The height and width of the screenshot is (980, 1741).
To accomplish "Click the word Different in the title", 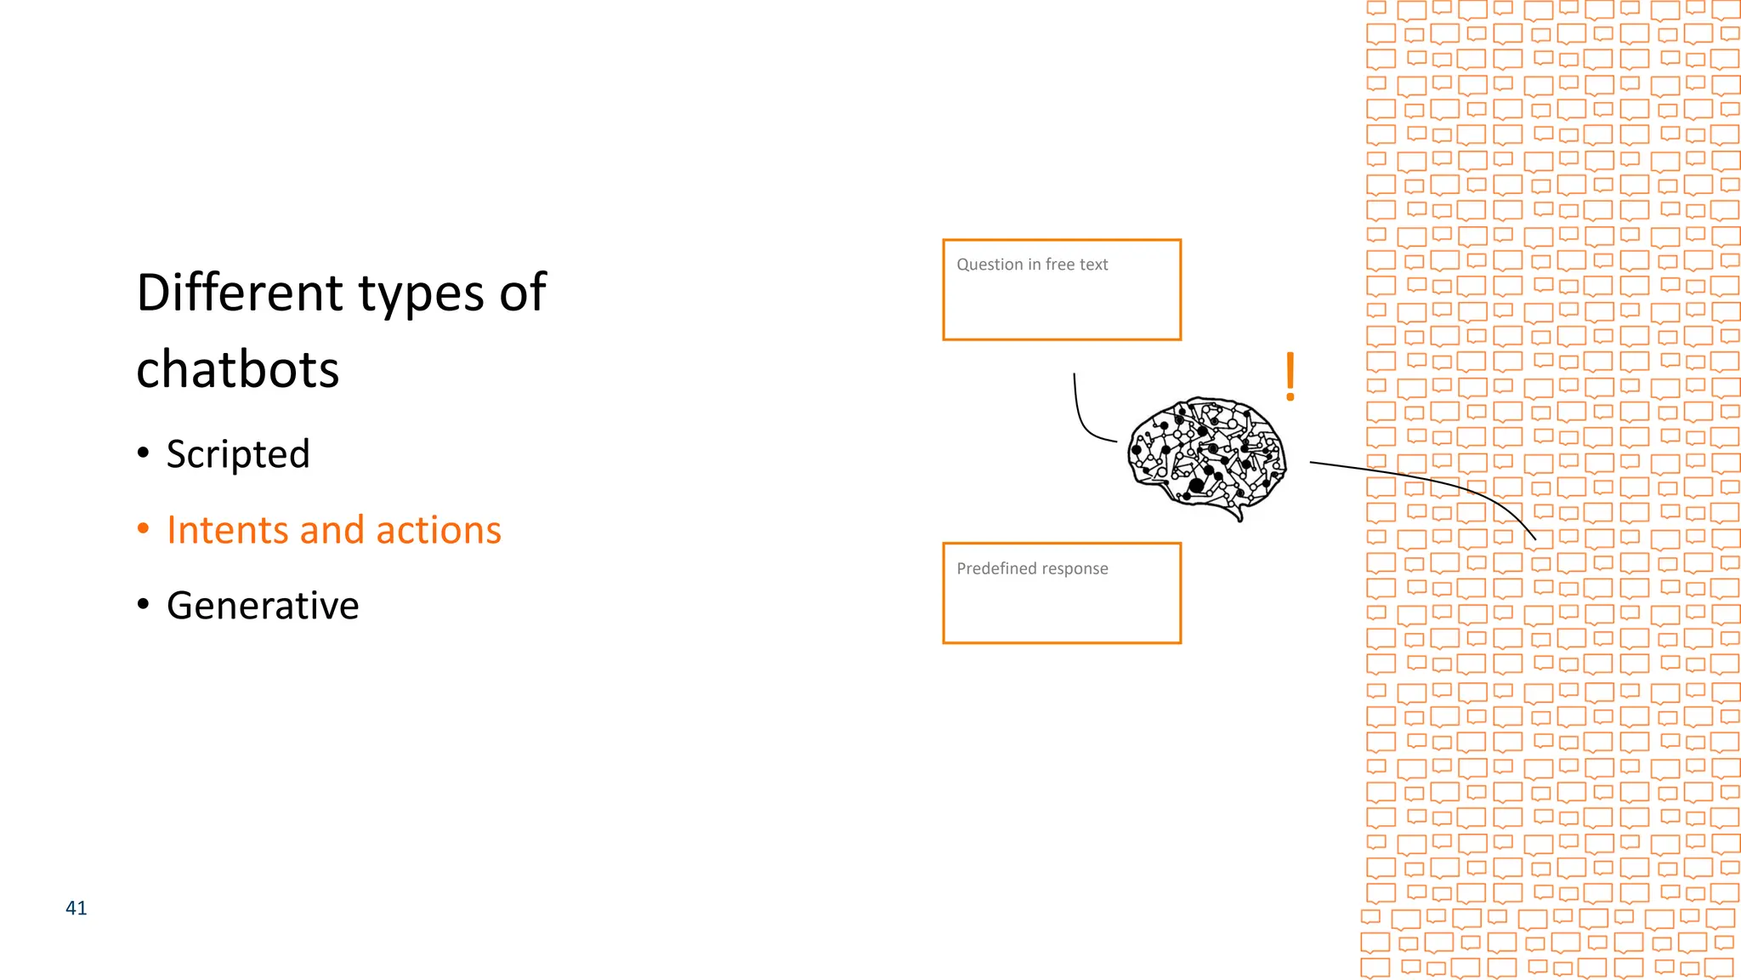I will tap(239, 293).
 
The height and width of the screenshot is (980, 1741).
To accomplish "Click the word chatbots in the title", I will tap(238, 370).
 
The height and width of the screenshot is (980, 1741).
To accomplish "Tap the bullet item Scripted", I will tap(238, 454).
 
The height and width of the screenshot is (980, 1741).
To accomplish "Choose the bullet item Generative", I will tap(263, 606).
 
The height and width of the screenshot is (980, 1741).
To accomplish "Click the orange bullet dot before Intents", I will tap(144, 529).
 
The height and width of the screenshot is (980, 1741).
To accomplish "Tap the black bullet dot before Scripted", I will tap(144, 453).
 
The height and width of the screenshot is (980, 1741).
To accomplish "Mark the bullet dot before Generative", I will tap(144, 605).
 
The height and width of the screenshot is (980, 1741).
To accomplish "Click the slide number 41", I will tap(77, 909).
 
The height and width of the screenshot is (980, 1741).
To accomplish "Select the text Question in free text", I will tap(1032, 265).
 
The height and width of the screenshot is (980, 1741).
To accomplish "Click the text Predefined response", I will tap(1032, 568).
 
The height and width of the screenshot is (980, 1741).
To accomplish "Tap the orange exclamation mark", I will tap(1290, 376).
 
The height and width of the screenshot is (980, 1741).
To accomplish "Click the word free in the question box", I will tap(1060, 265).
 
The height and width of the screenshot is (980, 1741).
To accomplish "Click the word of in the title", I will tap(523, 293).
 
